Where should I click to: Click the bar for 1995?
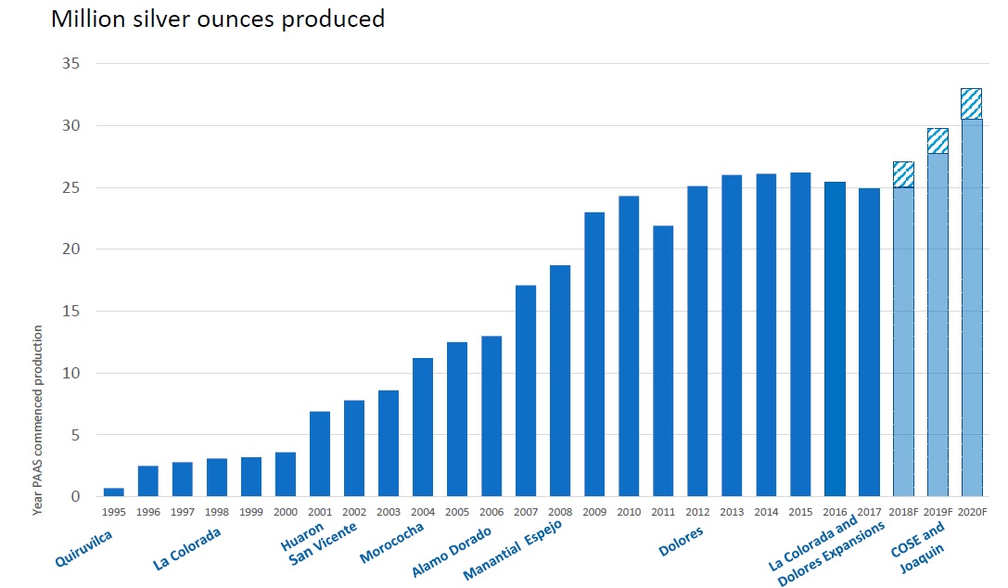pos(114,492)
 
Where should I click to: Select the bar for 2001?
pos(320,454)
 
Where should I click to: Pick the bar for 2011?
pos(663,361)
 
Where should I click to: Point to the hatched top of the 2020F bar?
pos(971,104)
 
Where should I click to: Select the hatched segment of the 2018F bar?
pos(903,174)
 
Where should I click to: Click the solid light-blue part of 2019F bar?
pos(938,325)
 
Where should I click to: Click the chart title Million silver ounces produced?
pos(218,19)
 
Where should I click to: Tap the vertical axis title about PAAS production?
pos(38,419)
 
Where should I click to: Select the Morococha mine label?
pos(392,543)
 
